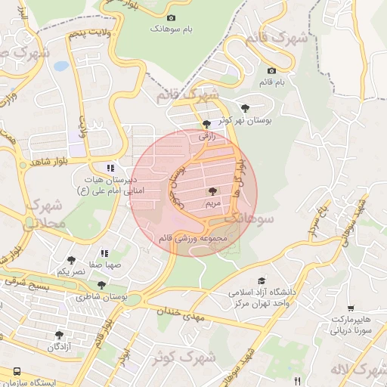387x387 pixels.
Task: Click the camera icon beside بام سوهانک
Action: pyautogui.click(x=171, y=17)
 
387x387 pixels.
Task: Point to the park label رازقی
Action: pyautogui.click(x=207, y=137)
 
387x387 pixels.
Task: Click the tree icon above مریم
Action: pyautogui.click(x=212, y=192)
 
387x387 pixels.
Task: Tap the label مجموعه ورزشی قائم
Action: pyautogui.click(x=193, y=238)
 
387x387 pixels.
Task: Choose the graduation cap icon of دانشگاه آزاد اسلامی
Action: pyautogui.click(x=262, y=280)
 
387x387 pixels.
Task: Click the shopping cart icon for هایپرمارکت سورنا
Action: pyautogui.click(x=351, y=308)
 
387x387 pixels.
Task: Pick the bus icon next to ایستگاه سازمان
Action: pyautogui.click(x=16, y=373)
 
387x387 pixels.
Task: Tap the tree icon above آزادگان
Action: pyautogui.click(x=60, y=335)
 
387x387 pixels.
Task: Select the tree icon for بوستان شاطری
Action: pyautogui.click(x=101, y=285)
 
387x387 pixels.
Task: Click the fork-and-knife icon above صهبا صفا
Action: pyautogui.click(x=104, y=253)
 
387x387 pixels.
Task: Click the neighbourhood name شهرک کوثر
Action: pyautogui.click(x=180, y=355)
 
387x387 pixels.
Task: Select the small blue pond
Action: pyautogui.click(x=60, y=67)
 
